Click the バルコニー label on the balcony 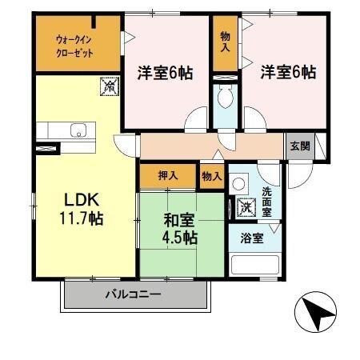(133, 294)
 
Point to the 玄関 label (299, 146)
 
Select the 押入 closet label (166, 174)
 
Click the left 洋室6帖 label (163, 72)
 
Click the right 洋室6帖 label (288, 72)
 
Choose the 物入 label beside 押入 (211, 176)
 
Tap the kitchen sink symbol (78, 130)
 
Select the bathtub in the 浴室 (253, 265)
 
